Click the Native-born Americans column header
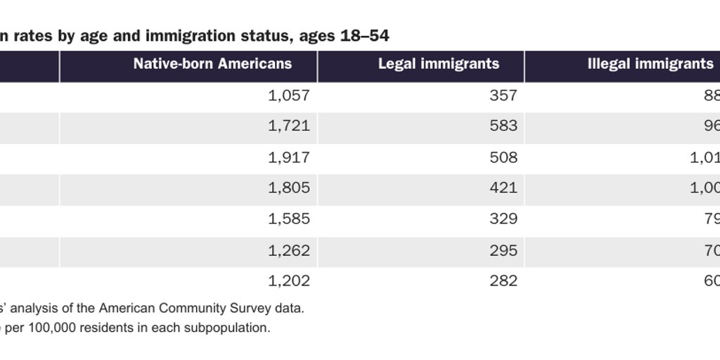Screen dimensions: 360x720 click(212, 64)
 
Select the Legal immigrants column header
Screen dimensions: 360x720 click(439, 64)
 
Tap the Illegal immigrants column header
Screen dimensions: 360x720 click(650, 64)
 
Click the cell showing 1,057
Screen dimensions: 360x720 click(288, 96)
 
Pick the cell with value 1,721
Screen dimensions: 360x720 click(288, 127)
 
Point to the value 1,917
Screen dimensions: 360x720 click(288, 157)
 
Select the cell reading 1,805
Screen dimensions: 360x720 click(288, 188)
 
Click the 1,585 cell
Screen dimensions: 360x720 click(288, 219)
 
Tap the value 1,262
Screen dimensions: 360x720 click(288, 250)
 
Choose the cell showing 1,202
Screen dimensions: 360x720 click(288, 281)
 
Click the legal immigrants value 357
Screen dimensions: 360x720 click(503, 96)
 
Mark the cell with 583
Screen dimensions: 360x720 click(503, 127)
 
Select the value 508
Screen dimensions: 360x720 click(503, 157)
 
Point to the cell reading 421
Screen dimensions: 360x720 click(503, 188)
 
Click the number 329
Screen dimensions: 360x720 click(503, 219)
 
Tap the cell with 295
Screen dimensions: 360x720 click(503, 250)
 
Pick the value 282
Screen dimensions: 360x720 click(503, 281)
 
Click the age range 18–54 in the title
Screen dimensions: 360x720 click(364, 36)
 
